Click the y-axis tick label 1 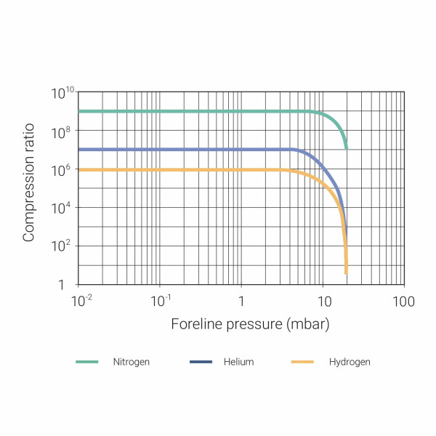click(67, 285)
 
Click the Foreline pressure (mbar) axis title click(251, 324)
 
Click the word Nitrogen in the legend click(132, 362)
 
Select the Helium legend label click(239, 362)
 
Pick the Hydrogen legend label click(350, 362)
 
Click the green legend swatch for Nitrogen click(87, 362)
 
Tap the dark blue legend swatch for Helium click(201, 362)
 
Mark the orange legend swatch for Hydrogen click(302, 362)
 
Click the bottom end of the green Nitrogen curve click(346, 148)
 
